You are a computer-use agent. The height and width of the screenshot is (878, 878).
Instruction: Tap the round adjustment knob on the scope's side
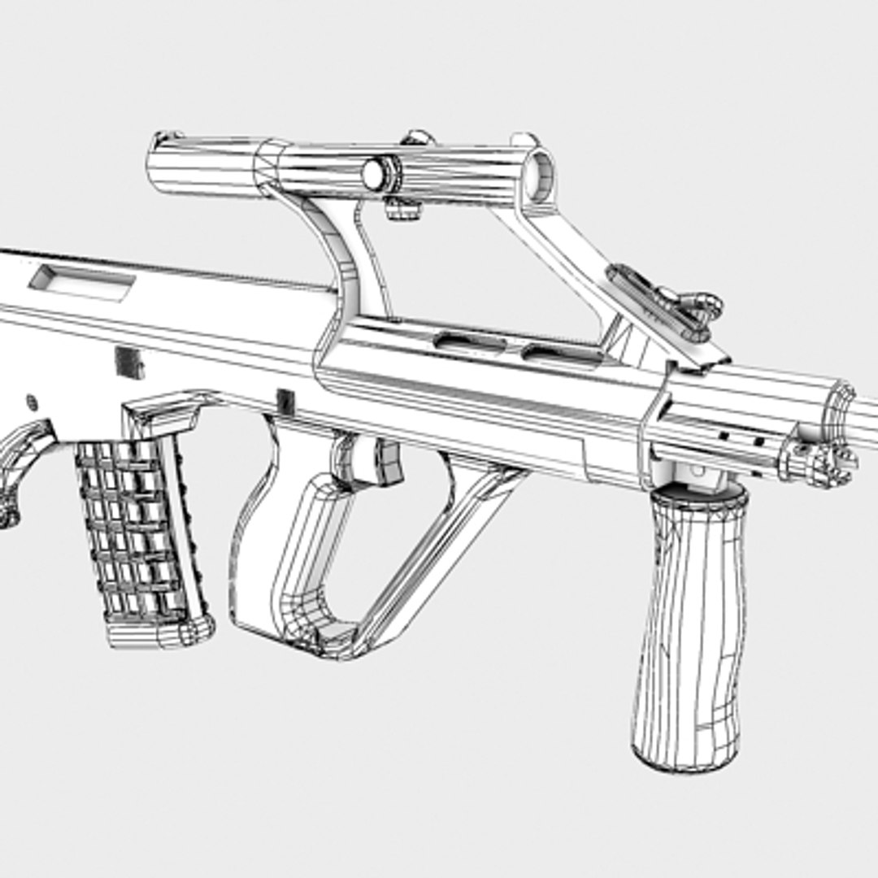coord(376,173)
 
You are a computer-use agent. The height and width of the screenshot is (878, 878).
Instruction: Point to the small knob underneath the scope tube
coord(402,209)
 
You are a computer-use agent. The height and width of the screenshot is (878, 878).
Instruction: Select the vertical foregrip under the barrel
coord(689,634)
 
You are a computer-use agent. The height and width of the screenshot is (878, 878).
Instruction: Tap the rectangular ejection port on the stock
coord(81,281)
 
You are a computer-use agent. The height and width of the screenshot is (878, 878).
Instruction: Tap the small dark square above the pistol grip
coord(285,401)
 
